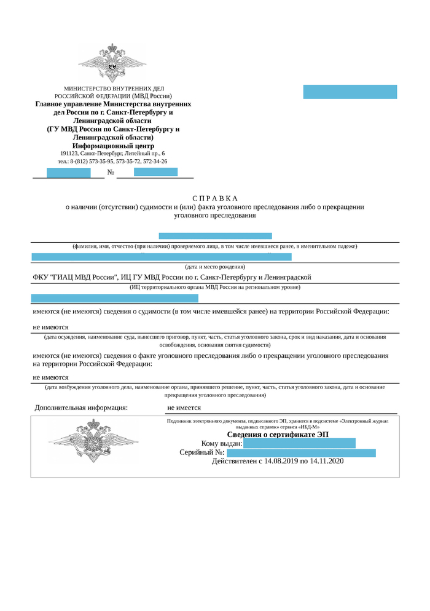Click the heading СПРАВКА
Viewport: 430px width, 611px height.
tap(214, 198)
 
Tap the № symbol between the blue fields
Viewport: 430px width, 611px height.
tap(111, 172)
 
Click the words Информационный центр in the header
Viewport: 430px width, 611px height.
tap(113, 146)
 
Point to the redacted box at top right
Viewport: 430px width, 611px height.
tap(350, 92)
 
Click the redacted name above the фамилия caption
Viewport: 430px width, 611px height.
tap(215, 236)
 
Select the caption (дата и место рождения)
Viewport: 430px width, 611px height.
tap(215, 267)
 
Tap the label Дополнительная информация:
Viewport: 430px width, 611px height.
tap(81, 408)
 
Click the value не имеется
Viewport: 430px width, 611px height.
tap(184, 408)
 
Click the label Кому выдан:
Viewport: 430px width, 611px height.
tap(222, 444)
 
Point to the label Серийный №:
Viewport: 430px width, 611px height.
tap(202, 453)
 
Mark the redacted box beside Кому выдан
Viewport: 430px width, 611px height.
tap(299, 443)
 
